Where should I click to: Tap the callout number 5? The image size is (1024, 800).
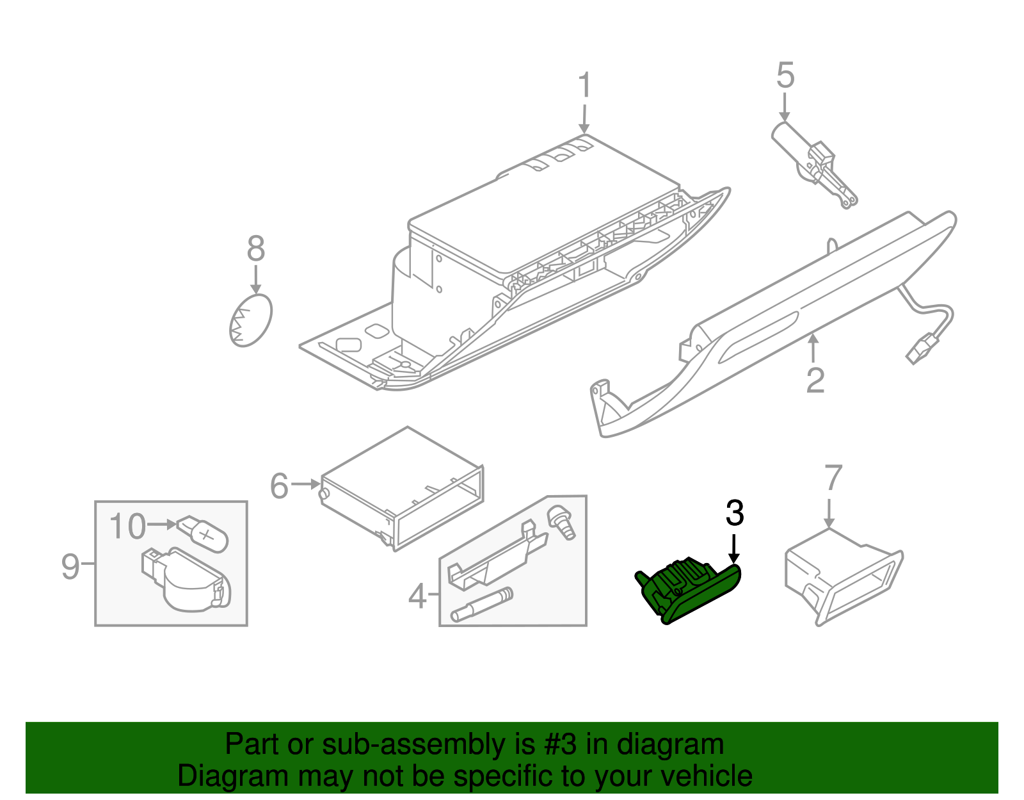click(x=785, y=76)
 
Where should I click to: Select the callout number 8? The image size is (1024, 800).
click(x=256, y=249)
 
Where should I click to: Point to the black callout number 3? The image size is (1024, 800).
click(x=735, y=513)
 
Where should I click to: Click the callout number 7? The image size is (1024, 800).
click(x=833, y=478)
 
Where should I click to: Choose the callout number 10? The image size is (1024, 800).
click(x=127, y=527)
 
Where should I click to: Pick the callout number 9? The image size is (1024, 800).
click(x=70, y=566)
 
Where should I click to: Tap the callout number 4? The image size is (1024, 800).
click(x=417, y=596)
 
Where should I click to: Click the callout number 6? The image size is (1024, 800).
click(x=280, y=486)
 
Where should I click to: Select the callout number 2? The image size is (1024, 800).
click(x=815, y=380)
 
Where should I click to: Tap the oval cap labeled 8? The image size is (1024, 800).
click(x=250, y=320)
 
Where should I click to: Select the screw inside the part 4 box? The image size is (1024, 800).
click(x=561, y=523)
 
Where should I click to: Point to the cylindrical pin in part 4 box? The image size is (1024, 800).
click(x=482, y=605)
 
